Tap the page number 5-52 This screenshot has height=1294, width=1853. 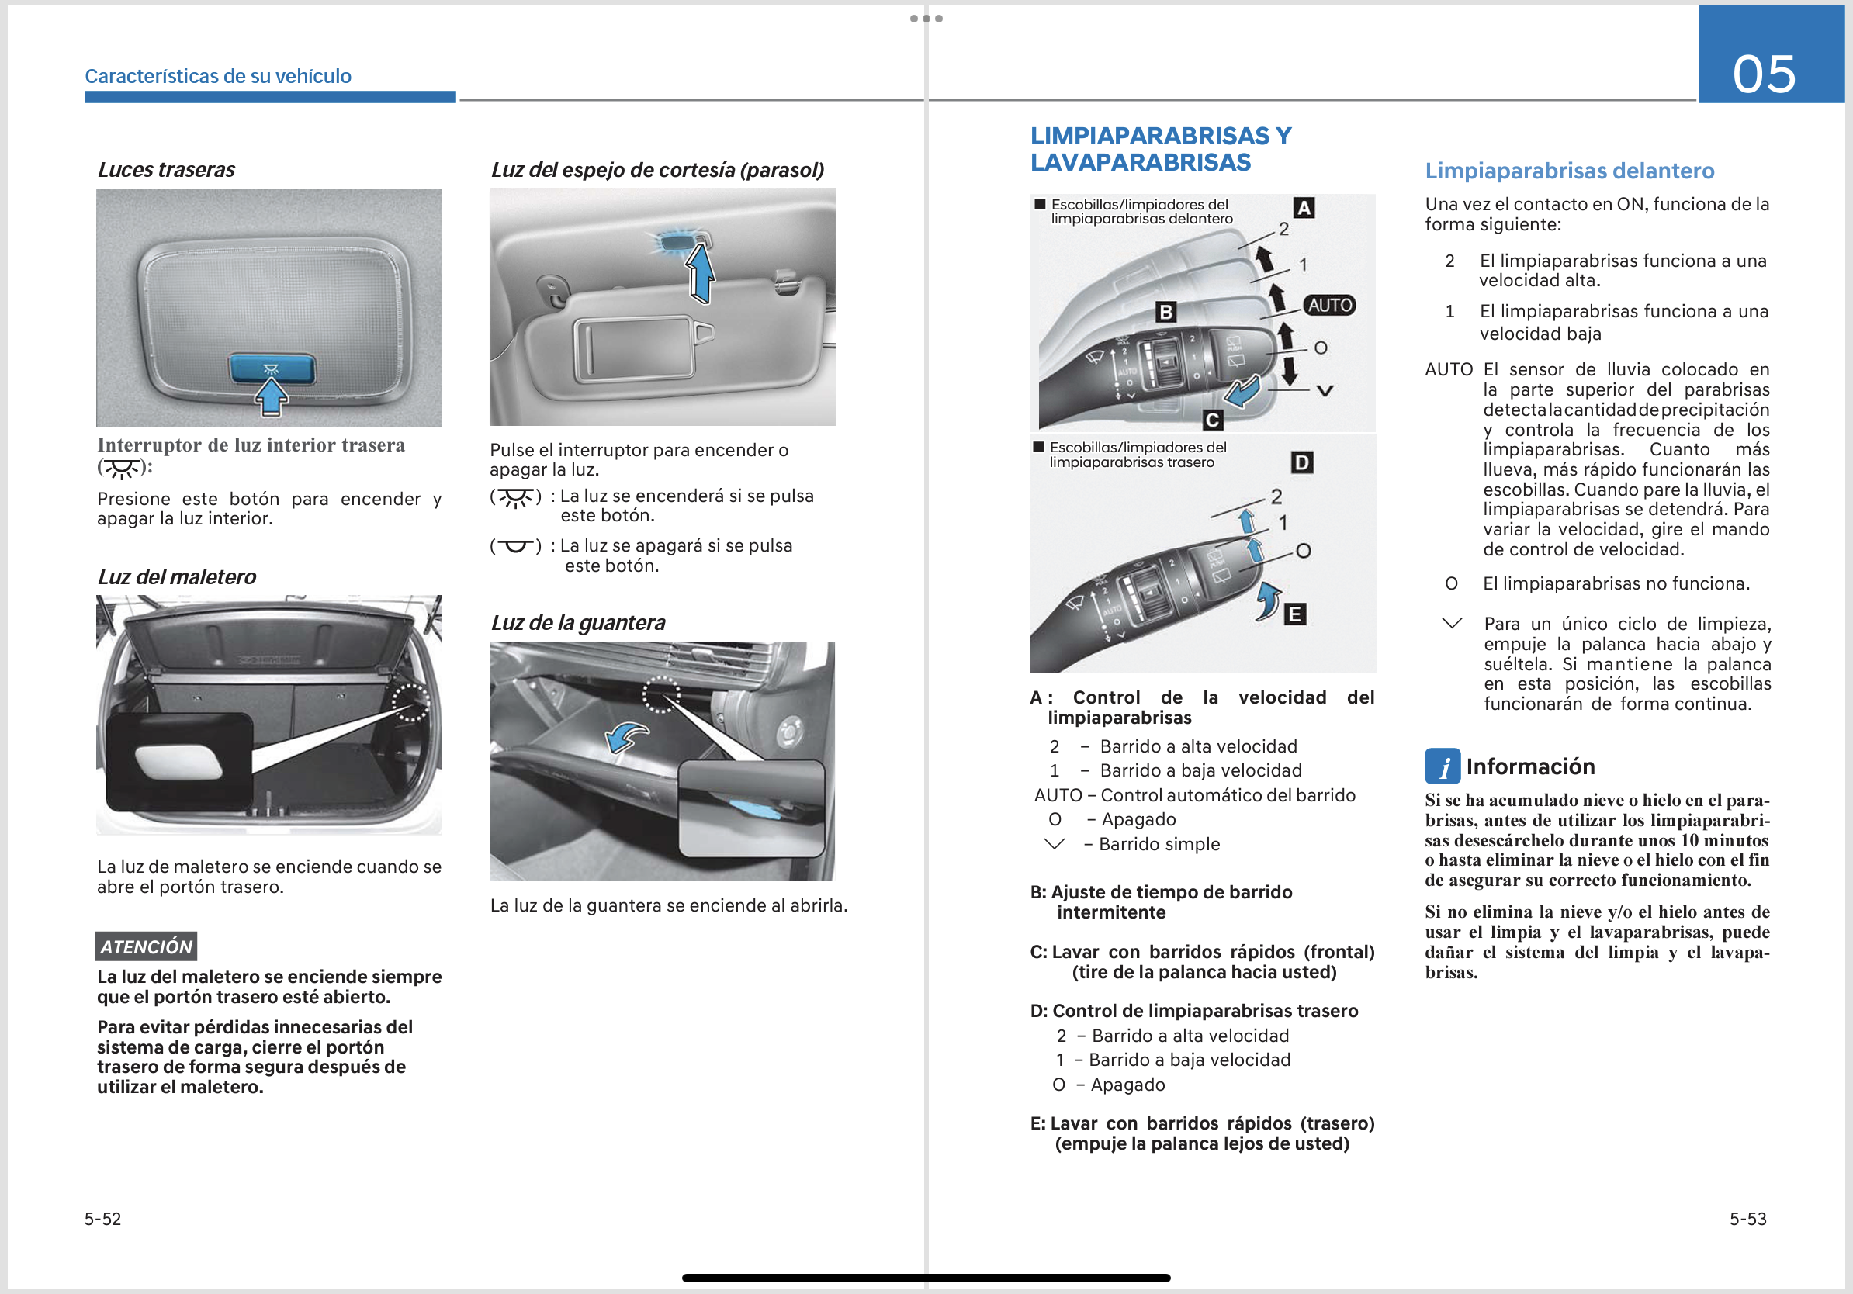click(x=102, y=1218)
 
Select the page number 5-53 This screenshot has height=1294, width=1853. click(x=1747, y=1218)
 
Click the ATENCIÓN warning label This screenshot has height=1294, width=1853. click(x=146, y=946)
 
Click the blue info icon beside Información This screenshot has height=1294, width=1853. click(x=1442, y=766)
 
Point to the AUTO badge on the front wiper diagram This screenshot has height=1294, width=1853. click(x=1329, y=305)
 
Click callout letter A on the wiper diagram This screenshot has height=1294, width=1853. click(x=1304, y=208)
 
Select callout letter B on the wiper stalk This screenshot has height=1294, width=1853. click(x=1165, y=311)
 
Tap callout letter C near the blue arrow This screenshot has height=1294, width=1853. click(x=1211, y=420)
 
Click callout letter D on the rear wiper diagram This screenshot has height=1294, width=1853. click(x=1302, y=462)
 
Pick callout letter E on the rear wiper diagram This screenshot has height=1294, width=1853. click(x=1294, y=614)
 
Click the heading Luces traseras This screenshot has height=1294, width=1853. click(x=166, y=169)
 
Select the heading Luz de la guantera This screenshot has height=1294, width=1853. click(x=578, y=623)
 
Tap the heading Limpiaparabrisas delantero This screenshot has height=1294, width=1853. click(x=1569, y=171)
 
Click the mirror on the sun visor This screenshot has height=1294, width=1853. click(x=632, y=348)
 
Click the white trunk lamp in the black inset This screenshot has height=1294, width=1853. click(x=178, y=763)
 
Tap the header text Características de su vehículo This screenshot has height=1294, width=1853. click(x=218, y=76)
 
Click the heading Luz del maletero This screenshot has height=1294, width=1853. click(x=177, y=577)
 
